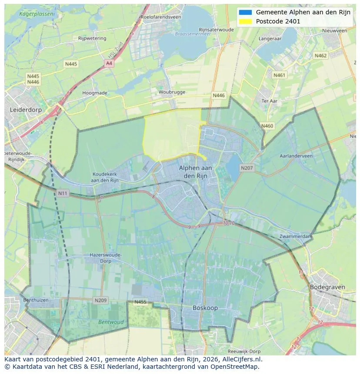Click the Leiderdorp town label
[x=26, y=110]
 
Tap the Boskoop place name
[x=205, y=308]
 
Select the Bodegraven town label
[x=327, y=287]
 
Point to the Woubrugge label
[x=172, y=92]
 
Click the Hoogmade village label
[x=94, y=93]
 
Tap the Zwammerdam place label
[x=296, y=236]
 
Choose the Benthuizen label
[x=36, y=300]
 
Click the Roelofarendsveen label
[x=160, y=17]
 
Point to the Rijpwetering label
[x=92, y=38]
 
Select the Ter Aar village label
[x=269, y=101]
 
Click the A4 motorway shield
[x=109, y=63]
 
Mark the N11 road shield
[x=63, y=192]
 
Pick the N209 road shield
[x=100, y=300]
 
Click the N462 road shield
[x=320, y=56]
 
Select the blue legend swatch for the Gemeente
[x=245, y=12]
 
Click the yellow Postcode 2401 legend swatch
[x=245, y=21]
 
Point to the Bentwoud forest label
[x=111, y=322]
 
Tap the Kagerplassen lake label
[x=37, y=14]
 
